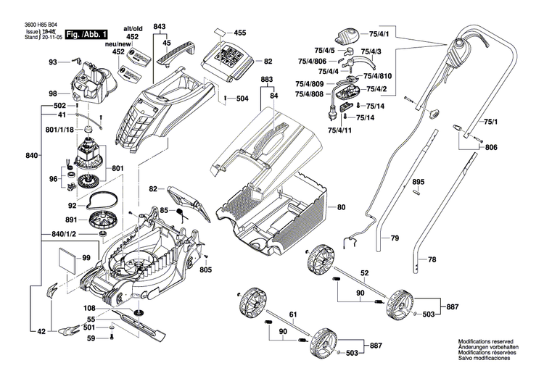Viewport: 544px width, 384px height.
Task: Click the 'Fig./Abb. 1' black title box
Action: [x=86, y=34]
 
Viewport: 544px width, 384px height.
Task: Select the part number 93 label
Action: [x=52, y=63]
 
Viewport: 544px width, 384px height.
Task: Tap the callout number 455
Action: [x=240, y=33]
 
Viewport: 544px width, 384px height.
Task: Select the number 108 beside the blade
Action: [x=89, y=306]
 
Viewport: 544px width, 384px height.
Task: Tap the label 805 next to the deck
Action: [x=205, y=270]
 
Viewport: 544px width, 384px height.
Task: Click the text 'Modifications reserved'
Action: [x=485, y=341]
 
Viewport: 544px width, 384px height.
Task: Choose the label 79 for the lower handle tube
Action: [x=395, y=238]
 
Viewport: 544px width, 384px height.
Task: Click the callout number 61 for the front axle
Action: [x=292, y=314]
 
